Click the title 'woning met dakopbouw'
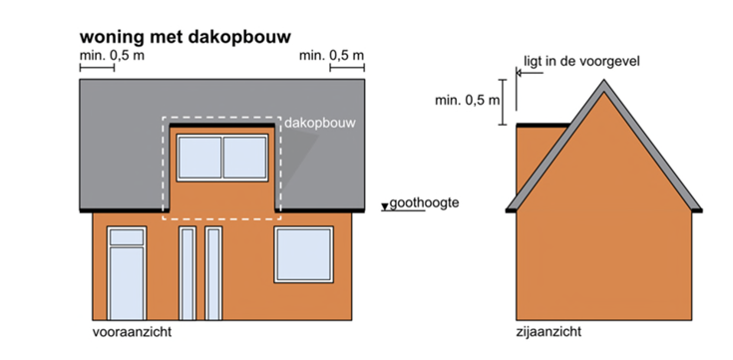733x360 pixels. coord(184,36)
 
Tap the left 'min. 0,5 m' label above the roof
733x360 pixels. coord(112,55)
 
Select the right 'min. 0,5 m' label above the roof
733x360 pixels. coord(331,55)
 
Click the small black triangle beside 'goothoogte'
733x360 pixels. coord(384,207)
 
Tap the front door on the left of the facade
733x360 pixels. coord(127,282)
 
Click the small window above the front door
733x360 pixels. coord(127,236)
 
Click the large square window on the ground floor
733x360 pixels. coord(303,254)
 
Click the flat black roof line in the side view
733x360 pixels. coord(543,125)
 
